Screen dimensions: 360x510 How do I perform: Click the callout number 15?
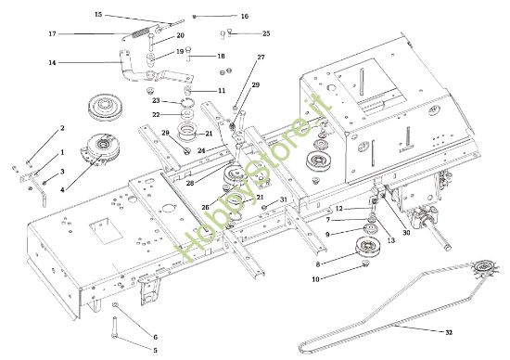(99, 15)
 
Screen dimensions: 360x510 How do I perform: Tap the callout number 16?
(244, 17)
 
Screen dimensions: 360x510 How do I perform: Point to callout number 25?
(266, 33)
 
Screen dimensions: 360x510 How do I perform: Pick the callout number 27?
(261, 58)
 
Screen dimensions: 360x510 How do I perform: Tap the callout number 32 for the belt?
(449, 331)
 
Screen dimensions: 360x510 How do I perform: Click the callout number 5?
(155, 350)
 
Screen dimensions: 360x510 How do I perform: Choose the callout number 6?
(155, 336)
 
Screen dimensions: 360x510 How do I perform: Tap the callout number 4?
(62, 190)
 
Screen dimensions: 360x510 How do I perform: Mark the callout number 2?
(62, 128)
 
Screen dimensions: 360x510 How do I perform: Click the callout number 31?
(284, 199)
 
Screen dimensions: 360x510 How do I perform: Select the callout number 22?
(157, 115)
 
